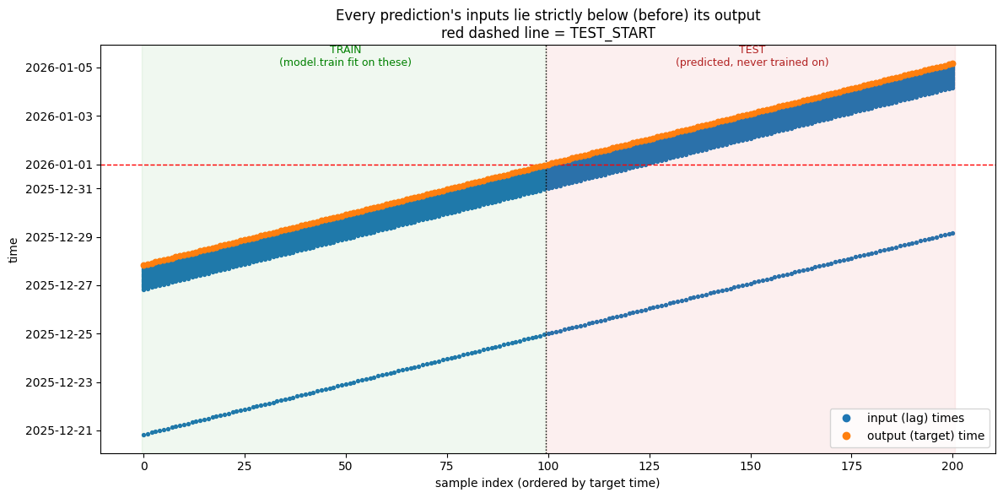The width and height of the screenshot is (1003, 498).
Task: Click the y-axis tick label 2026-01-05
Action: tap(60, 68)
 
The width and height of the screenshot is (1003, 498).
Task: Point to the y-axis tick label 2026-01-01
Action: tap(60, 165)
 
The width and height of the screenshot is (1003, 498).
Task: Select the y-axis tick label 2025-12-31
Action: tap(60, 189)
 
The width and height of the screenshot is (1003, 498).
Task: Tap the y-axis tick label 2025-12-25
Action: tap(60, 334)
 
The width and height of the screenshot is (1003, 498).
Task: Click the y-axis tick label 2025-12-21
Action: tap(60, 430)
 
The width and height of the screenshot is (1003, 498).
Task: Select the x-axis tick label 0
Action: tap(144, 465)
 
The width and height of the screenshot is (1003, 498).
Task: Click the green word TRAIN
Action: tap(345, 50)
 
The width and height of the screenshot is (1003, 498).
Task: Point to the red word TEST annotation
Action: tap(752, 50)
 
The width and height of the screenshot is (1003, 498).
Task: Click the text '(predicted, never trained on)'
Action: tap(752, 62)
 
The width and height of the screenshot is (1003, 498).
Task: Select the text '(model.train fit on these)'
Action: tap(345, 62)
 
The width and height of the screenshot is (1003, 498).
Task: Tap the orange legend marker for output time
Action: tap(847, 436)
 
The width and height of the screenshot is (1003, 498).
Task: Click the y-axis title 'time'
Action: tap(13, 251)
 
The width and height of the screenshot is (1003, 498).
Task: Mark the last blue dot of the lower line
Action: tap(953, 234)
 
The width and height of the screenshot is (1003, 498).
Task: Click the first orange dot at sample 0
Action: tap(144, 265)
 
